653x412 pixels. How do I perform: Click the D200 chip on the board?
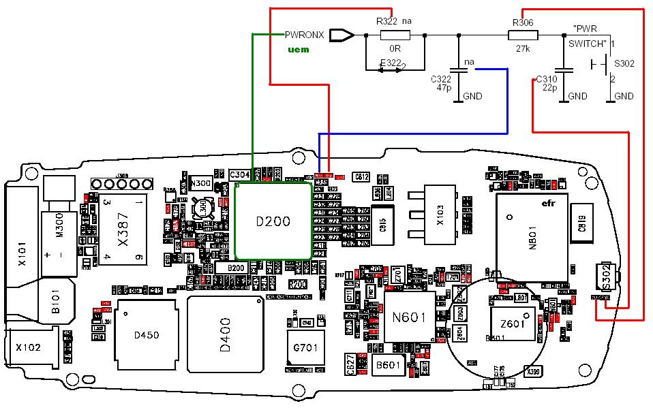pyautogui.click(x=273, y=221)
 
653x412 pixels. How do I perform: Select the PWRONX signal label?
pyautogui.click(x=305, y=35)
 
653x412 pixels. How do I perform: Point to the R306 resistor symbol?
pyautogui.click(x=523, y=35)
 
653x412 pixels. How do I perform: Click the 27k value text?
pyautogui.click(x=523, y=49)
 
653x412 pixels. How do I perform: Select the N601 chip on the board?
pyautogui.click(x=409, y=317)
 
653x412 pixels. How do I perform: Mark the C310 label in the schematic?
pyautogui.click(x=547, y=78)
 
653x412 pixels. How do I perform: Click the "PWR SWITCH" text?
pyautogui.click(x=588, y=36)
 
